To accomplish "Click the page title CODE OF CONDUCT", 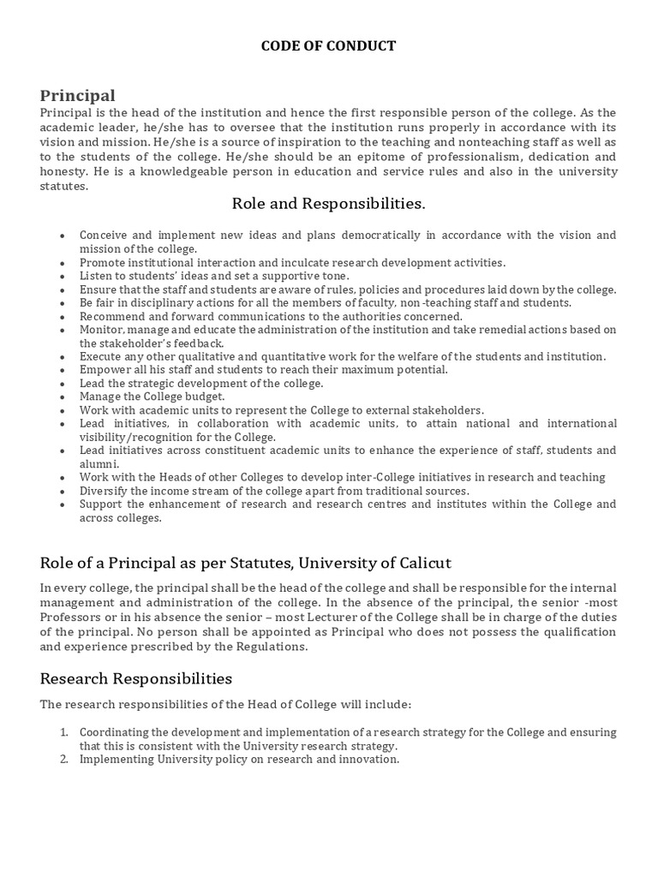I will [328, 46].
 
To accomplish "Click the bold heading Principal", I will [77, 95].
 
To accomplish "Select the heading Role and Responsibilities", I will [328, 204].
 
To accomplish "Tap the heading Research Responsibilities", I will [136, 678].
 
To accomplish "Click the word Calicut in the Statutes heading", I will [422, 563].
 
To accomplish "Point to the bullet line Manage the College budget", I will [153, 397].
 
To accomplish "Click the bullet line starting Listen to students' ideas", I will [214, 276].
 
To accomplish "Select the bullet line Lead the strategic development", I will [202, 383].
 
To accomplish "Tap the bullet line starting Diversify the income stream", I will [274, 491].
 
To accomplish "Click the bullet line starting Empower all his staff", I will [264, 369].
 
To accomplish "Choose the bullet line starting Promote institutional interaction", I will [292, 262].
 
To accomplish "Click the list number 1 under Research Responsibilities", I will [64, 732].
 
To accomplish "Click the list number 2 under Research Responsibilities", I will [64, 759].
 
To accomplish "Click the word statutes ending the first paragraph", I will [63, 186].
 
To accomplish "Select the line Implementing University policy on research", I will [240, 759].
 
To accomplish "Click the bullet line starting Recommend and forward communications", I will [271, 316].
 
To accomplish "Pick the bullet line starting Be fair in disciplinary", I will [326, 302].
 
